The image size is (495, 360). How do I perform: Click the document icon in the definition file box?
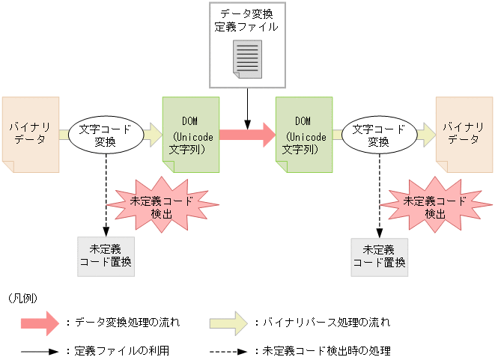(247, 58)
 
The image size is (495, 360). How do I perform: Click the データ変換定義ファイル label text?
(247, 20)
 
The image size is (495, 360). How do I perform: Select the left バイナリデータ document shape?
(28, 135)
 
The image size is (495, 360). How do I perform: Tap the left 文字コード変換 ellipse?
(106, 135)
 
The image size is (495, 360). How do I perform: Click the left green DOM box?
(190, 135)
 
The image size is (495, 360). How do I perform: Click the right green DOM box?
(303, 135)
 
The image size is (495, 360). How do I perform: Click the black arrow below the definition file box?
(247, 105)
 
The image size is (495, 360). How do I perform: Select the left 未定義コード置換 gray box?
(106, 255)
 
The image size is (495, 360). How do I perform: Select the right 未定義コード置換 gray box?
(379, 255)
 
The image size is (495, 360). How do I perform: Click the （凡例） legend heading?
(23, 298)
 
